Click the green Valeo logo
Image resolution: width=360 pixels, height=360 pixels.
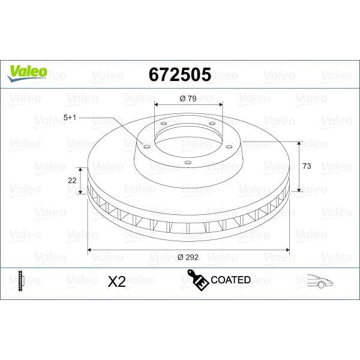point(27,72)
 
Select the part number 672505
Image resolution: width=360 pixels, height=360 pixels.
point(179,74)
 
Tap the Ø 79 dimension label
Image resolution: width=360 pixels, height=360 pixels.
point(188,99)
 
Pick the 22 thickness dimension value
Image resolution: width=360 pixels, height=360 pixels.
point(72,180)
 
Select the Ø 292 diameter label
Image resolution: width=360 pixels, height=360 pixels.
point(189,257)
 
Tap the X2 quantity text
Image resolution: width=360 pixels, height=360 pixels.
point(116,281)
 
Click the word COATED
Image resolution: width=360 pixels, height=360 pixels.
point(230,280)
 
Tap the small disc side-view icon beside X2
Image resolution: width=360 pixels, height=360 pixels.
point(21,280)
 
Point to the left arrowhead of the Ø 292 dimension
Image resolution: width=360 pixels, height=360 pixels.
point(90,248)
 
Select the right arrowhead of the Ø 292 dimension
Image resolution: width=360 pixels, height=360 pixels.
point(288,248)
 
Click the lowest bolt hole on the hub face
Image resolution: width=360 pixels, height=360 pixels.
point(188,163)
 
